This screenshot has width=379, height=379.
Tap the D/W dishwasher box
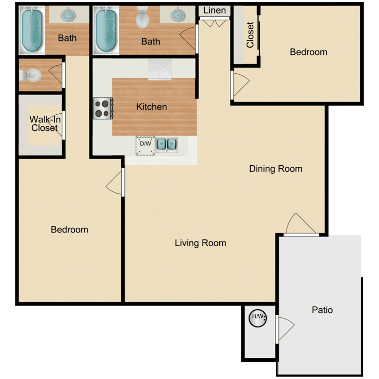pyautogui.click(x=146, y=145)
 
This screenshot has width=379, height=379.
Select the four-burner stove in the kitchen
pyautogui.click(x=103, y=108)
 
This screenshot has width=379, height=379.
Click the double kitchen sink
pyautogui.click(x=166, y=145)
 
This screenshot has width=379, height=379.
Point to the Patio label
pyautogui.click(x=322, y=310)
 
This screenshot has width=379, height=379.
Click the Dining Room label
pyautogui.click(x=275, y=169)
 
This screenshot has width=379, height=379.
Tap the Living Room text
pyautogui.click(x=200, y=243)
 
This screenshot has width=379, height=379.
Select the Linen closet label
pyautogui.click(x=214, y=11)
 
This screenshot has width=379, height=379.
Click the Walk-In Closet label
pyautogui.click(x=43, y=124)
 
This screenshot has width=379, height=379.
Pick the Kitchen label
pyautogui.click(x=152, y=107)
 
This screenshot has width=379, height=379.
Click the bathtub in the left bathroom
pyautogui.click(x=32, y=30)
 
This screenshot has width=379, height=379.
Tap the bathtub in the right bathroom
pyautogui.click(x=106, y=30)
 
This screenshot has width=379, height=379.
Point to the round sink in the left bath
pyautogui.click(x=68, y=15)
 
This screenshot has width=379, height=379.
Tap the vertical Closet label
pyautogui.click(x=250, y=35)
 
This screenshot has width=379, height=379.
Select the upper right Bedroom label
pyautogui.click(x=308, y=52)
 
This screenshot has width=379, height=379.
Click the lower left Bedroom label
pyautogui.click(x=69, y=229)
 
